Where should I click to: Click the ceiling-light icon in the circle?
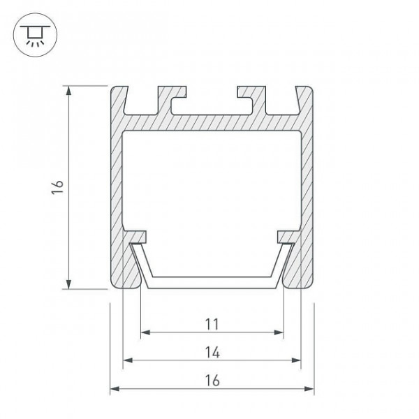tap(35, 36)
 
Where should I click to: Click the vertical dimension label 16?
tap(57, 187)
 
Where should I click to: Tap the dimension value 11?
tap(212, 324)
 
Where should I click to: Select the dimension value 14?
tap(212, 352)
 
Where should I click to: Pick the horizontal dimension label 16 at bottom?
tap(212, 381)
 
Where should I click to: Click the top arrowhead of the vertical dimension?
tap(68, 91)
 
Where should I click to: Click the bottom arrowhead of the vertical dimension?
tap(68, 284)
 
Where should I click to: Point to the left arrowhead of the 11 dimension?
tap(145, 332)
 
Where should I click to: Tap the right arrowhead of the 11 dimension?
tap(279, 332)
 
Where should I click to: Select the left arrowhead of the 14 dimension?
tap(128, 360)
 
